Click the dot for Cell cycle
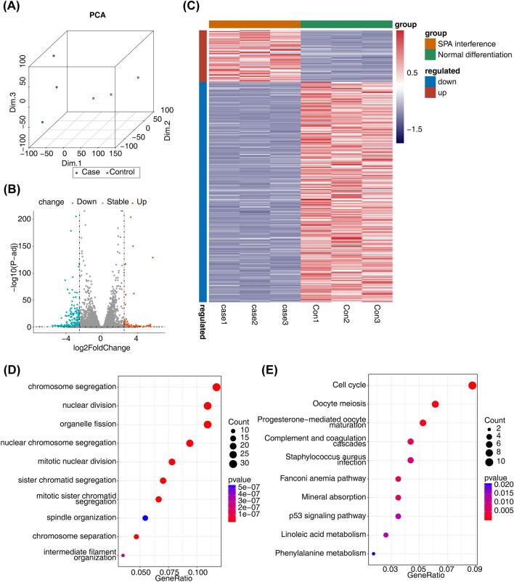pos(473,385)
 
